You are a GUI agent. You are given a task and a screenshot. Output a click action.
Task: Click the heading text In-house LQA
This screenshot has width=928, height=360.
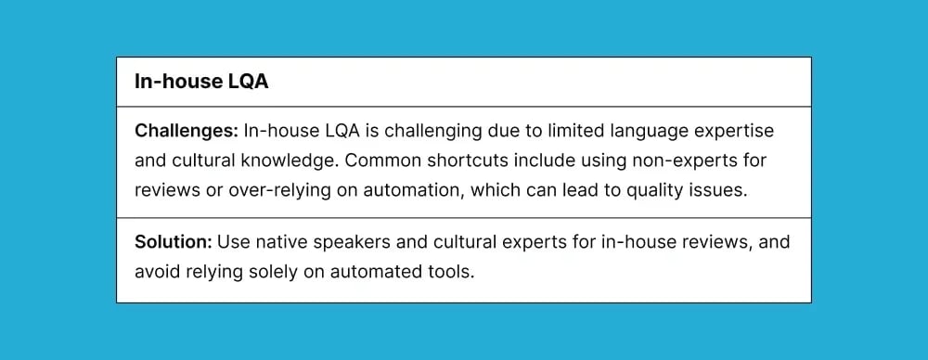(x=201, y=82)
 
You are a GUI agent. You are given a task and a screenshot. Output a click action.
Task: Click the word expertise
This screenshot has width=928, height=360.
(x=738, y=131)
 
